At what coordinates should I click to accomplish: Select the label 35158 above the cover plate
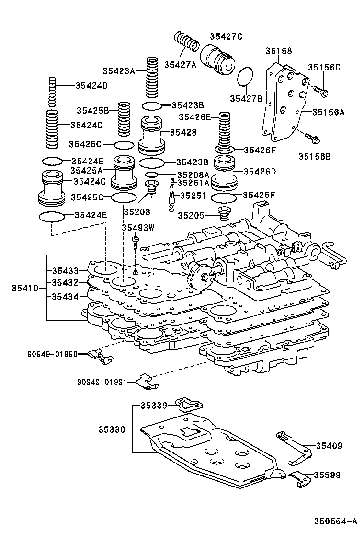pos(279,51)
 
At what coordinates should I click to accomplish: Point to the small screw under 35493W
pos(136,243)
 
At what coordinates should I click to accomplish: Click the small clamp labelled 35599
pos(297,477)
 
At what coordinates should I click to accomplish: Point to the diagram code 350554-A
pos(336,521)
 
